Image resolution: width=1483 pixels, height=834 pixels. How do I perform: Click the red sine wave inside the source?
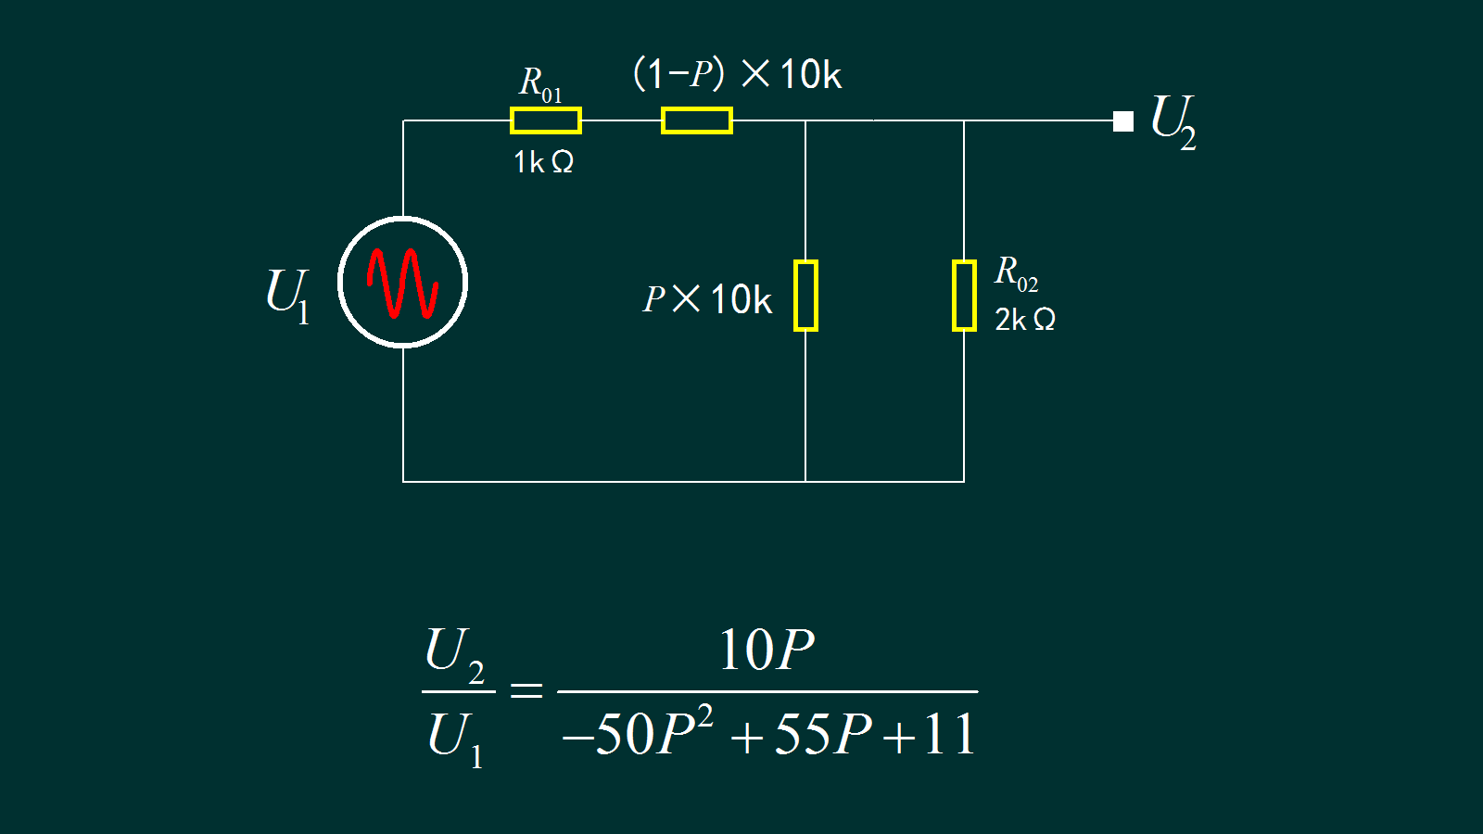(402, 283)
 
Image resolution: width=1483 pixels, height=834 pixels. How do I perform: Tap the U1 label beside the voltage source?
(286, 295)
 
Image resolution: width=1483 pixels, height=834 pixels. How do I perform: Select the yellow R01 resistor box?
(545, 120)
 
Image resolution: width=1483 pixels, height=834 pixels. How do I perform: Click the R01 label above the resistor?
(540, 83)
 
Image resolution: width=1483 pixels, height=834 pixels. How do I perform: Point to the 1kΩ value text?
(543, 162)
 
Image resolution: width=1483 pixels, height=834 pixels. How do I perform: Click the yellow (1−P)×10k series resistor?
(696, 120)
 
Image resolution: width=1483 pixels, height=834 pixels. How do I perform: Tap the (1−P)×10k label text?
(737, 74)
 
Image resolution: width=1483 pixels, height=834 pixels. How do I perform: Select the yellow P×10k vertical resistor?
(805, 296)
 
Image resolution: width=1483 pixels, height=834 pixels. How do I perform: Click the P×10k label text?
(707, 299)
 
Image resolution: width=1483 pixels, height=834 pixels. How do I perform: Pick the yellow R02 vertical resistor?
(964, 296)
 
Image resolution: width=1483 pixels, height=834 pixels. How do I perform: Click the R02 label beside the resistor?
(1016, 273)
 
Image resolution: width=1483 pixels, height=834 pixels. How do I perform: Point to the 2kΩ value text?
(1024, 320)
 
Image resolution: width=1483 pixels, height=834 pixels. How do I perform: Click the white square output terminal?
(1123, 121)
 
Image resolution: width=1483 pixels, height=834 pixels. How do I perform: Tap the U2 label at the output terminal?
(1173, 121)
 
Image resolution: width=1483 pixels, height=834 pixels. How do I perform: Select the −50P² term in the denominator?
(638, 733)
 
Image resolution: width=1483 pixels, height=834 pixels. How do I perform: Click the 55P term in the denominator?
(822, 734)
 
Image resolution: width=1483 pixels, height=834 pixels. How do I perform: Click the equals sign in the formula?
(526, 690)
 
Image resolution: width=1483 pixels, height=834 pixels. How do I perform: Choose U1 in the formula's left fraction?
(455, 738)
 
